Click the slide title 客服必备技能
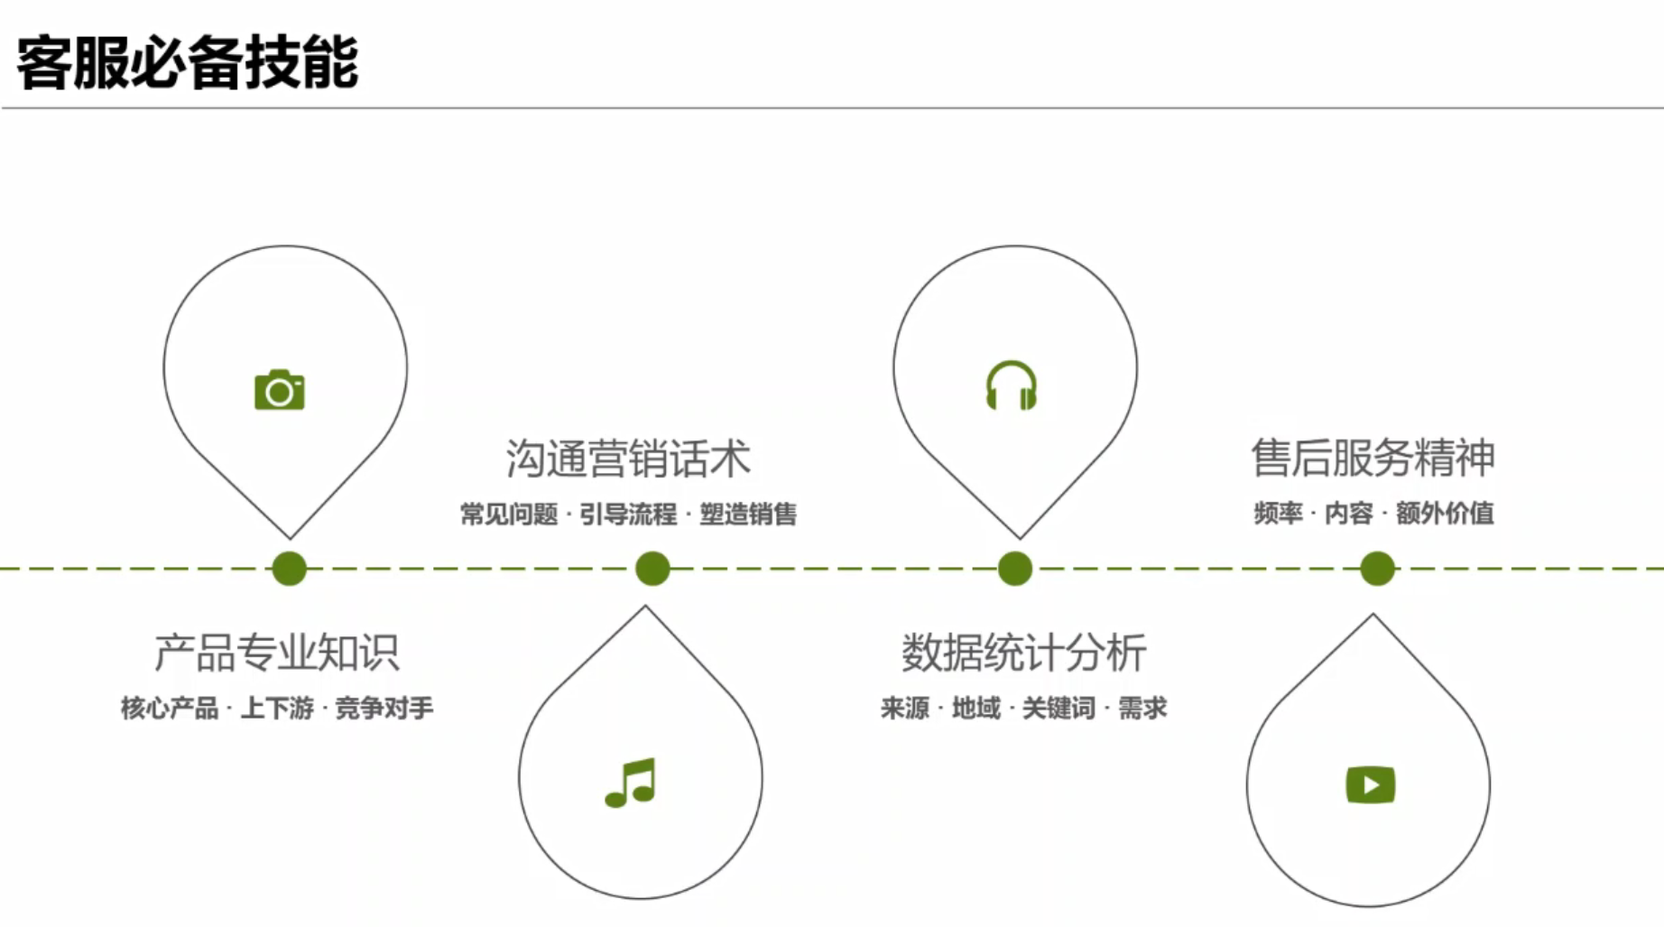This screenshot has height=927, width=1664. [x=188, y=63]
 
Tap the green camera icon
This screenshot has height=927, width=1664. [x=280, y=390]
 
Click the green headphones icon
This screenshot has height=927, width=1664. [x=1011, y=386]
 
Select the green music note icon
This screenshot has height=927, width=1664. [x=631, y=783]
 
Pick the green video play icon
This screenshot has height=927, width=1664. [x=1370, y=784]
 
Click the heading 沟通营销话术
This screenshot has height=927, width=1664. [x=628, y=459]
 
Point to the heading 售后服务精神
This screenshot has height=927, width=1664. [x=1373, y=458]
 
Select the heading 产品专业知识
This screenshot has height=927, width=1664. [x=277, y=653]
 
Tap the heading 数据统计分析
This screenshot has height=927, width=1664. [x=1023, y=653]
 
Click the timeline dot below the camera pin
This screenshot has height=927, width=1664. [x=289, y=569]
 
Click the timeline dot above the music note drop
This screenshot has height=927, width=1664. [x=652, y=569]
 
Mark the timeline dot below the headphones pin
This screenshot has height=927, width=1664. [x=1015, y=569]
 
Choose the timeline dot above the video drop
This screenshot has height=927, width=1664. [x=1377, y=569]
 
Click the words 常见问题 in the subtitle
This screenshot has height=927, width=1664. [x=509, y=514]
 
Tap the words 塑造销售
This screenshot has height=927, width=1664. [x=748, y=514]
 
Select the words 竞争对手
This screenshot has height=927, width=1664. [x=384, y=709]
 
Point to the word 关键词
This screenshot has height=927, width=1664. [x=1058, y=709]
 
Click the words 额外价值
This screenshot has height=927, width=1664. [x=1445, y=514]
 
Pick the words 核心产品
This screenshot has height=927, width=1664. [x=170, y=709]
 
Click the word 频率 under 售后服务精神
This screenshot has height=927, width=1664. [x=1278, y=514]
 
